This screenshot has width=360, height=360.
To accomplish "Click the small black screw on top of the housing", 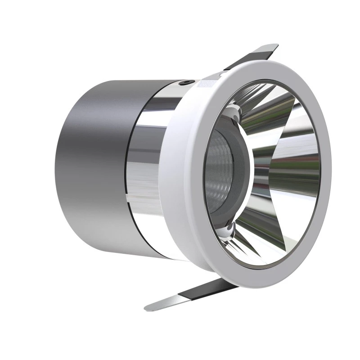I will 185,83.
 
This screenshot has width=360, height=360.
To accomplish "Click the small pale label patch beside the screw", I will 206,83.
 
